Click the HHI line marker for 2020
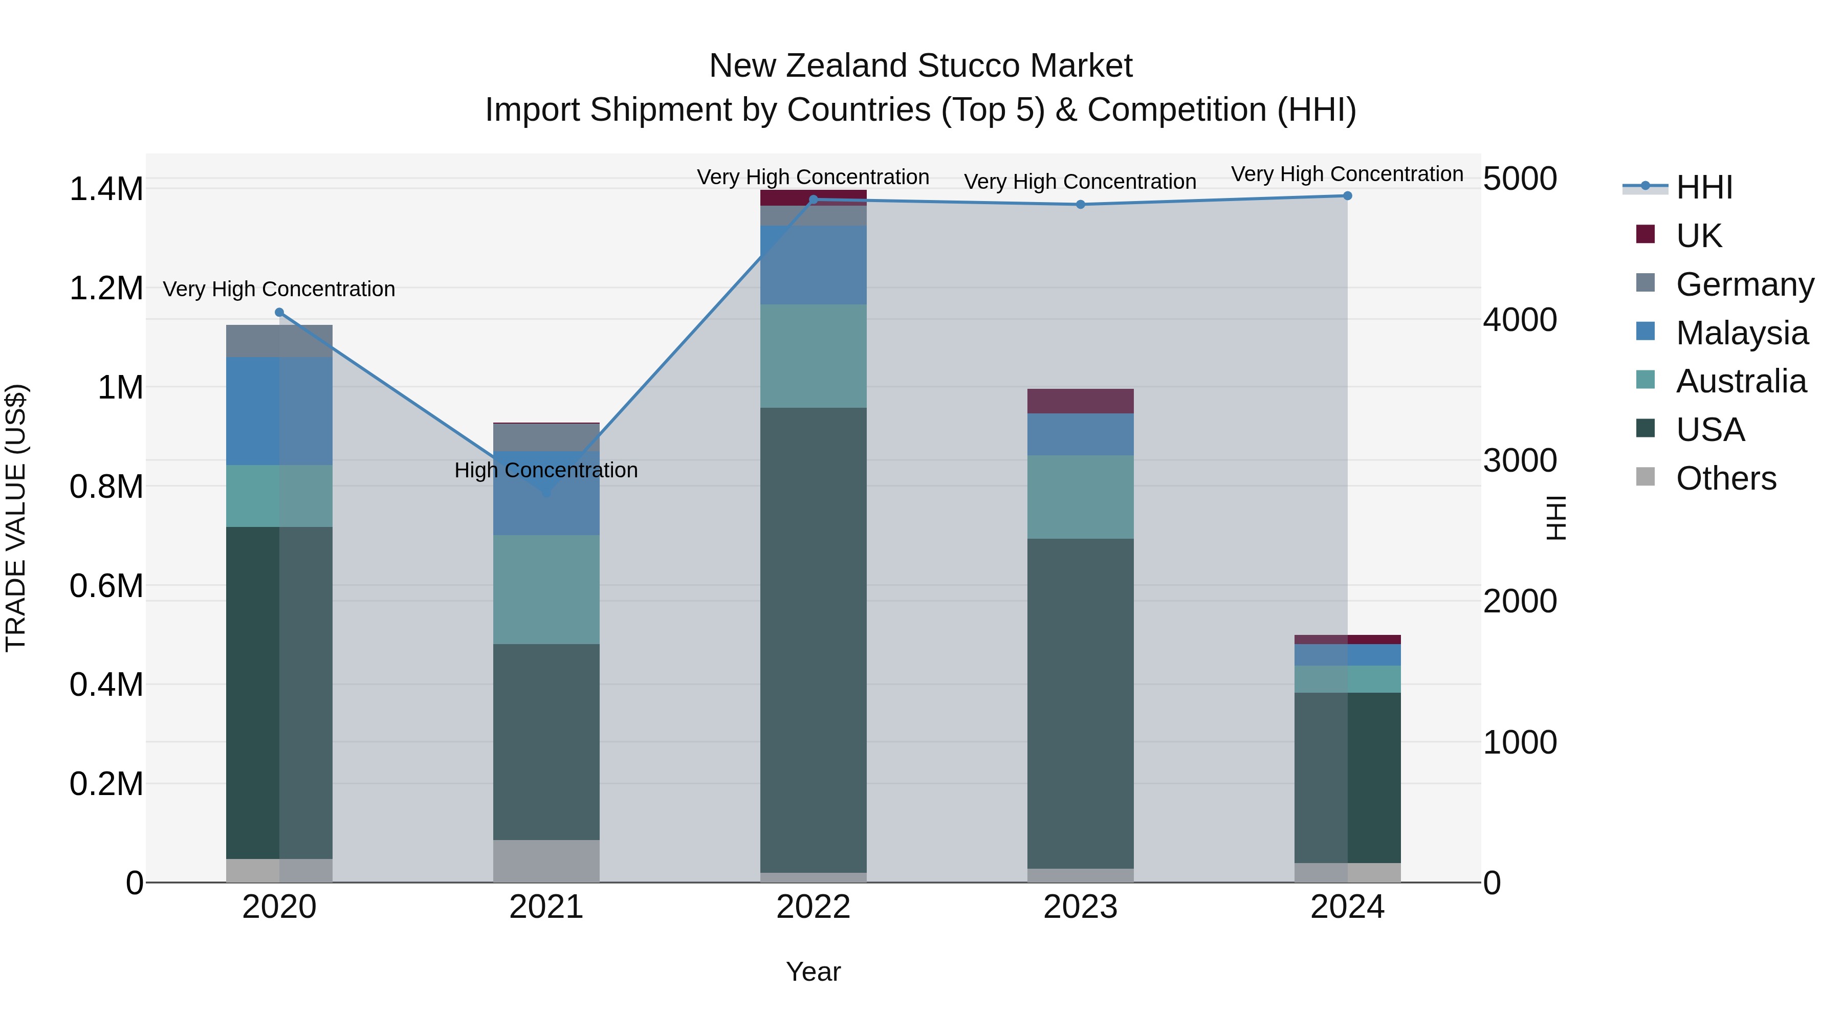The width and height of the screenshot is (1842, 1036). (x=279, y=313)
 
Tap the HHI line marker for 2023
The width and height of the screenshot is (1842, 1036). (x=1081, y=205)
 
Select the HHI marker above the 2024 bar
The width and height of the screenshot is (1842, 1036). (x=1347, y=196)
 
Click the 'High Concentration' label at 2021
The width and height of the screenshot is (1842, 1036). (x=546, y=471)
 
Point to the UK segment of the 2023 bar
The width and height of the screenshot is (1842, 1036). (x=1081, y=401)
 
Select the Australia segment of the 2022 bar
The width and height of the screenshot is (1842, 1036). (x=813, y=356)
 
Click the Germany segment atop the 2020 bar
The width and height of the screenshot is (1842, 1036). (x=279, y=341)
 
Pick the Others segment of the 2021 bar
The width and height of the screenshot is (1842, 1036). (x=546, y=861)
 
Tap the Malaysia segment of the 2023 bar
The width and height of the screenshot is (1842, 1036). (x=1081, y=435)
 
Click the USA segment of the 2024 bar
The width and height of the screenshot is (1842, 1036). (x=1347, y=777)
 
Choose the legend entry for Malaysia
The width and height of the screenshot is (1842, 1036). (x=1741, y=333)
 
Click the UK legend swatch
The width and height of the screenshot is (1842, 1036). (x=1646, y=234)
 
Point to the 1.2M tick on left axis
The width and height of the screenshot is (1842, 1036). (x=106, y=288)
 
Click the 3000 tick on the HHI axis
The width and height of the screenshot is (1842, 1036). (x=1520, y=460)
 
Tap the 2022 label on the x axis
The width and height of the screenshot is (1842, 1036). (x=813, y=907)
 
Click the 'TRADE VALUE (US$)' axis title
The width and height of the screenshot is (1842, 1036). (x=16, y=518)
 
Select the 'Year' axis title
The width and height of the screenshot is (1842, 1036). (x=813, y=972)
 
